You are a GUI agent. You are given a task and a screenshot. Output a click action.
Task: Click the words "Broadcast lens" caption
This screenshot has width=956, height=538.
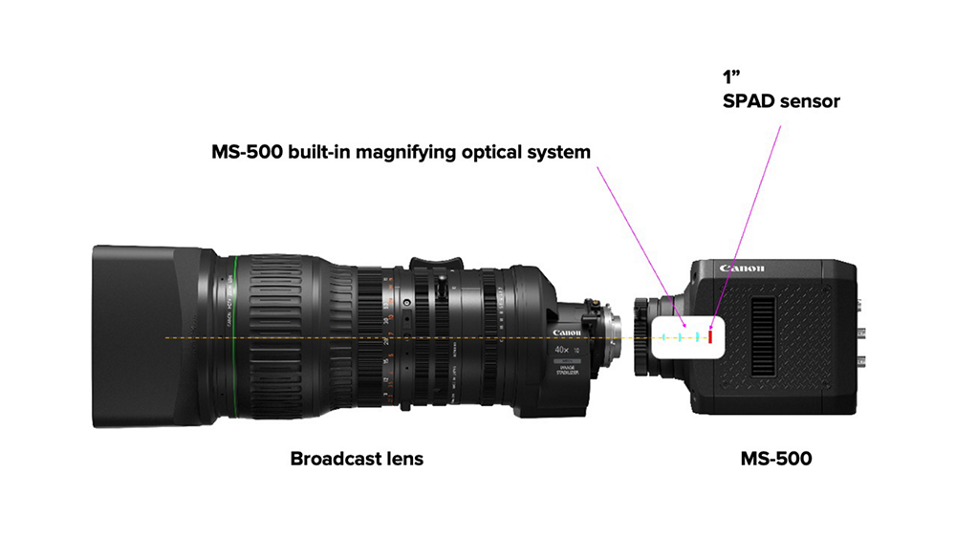coord(357,459)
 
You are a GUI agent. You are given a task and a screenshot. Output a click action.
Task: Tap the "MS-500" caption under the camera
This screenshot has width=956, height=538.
coord(775,459)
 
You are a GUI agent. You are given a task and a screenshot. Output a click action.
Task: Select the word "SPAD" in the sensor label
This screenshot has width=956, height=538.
coord(751,100)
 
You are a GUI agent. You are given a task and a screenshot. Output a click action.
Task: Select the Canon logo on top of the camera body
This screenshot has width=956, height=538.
coord(743,269)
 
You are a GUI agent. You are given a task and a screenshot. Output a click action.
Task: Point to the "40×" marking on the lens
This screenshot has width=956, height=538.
coord(564,351)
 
